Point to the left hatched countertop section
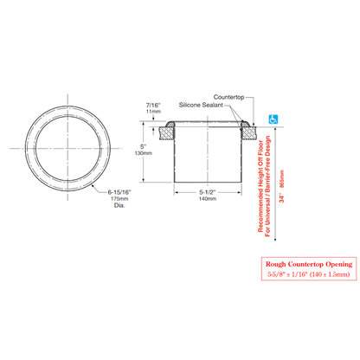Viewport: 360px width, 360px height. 166,132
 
